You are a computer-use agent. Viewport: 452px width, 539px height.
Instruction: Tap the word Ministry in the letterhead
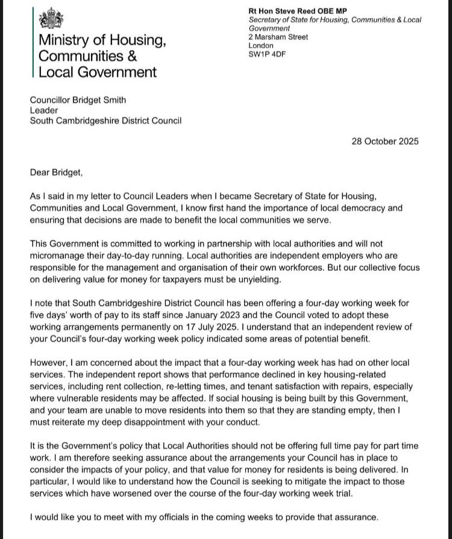tap(66, 41)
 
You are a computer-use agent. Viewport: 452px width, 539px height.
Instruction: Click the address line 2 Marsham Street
tap(278, 37)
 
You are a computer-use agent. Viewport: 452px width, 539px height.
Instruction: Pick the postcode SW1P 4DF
tap(265, 54)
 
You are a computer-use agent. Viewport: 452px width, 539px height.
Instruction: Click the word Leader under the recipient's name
tap(44, 110)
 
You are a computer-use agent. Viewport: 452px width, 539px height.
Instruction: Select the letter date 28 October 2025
tap(385, 142)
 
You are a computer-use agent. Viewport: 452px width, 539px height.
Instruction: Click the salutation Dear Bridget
tap(55, 172)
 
